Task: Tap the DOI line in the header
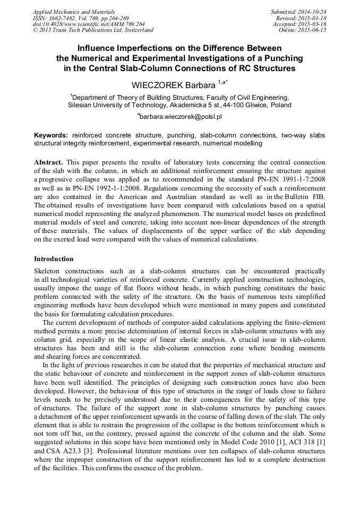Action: tap(89, 24)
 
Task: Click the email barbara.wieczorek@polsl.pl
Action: tap(180, 115)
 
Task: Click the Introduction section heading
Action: tap(54, 259)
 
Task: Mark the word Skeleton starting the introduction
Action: tap(48, 271)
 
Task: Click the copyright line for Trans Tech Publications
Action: tap(93, 30)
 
